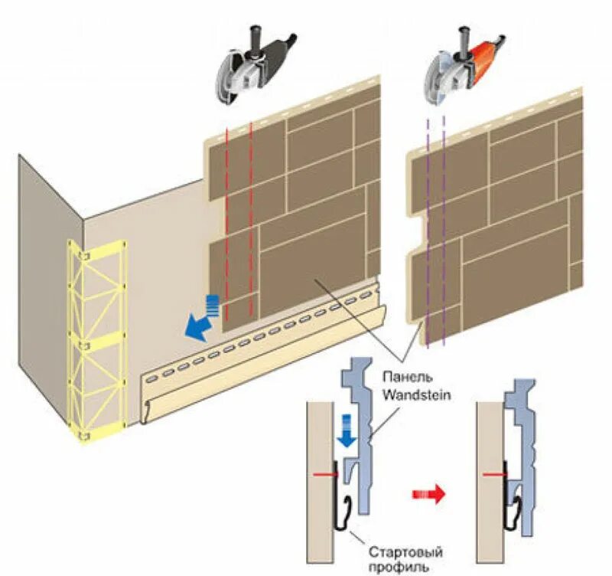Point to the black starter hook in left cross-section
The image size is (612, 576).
click(341, 513)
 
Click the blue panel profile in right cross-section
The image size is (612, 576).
click(520, 460)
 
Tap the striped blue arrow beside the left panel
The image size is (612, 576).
click(215, 304)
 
